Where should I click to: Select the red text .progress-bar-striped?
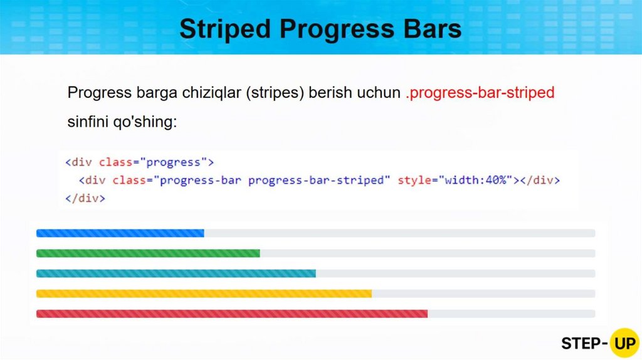pyautogui.click(x=480, y=93)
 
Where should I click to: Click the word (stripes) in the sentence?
pyautogui.click(x=275, y=93)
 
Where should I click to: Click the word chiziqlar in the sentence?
pyautogui.click(x=212, y=93)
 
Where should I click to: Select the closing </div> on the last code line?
pyautogui.click(x=85, y=198)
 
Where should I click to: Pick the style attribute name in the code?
pyautogui.click(x=414, y=180)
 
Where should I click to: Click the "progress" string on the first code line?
pyautogui.click(x=174, y=162)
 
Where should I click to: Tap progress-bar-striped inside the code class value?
pyautogui.click(x=316, y=180)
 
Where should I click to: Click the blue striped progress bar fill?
pyautogui.click(x=120, y=233)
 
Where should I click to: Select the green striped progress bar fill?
pyautogui.click(x=148, y=253)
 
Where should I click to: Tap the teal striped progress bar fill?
pyautogui.click(x=176, y=273)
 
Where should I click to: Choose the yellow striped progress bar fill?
pyautogui.click(x=204, y=294)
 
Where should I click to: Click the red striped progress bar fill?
pyautogui.click(x=232, y=314)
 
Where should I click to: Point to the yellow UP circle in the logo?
pyautogui.click(x=624, y=343)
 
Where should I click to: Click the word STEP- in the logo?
pyautogui.click(x=584, y=344)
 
